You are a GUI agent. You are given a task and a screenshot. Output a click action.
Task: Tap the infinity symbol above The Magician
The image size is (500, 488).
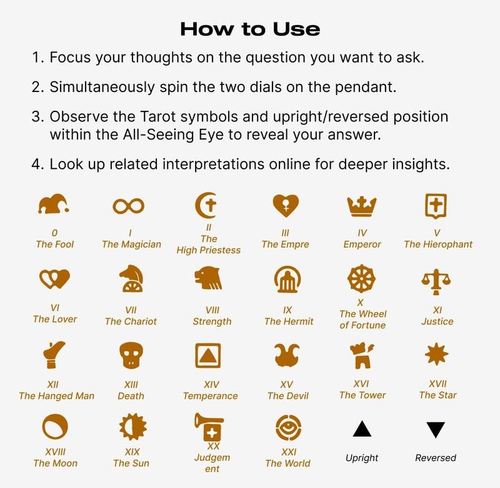pyautogui.click(x=128, y=206)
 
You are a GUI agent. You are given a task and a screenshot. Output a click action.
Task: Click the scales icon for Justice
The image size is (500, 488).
pyautogui.click(x=436, y=282)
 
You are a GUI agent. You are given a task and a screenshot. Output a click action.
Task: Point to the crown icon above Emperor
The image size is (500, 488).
pyautogui.click(x=362, y=206)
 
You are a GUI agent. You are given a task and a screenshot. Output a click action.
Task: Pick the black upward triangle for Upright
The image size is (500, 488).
pyautogui.click(x=362, y=429)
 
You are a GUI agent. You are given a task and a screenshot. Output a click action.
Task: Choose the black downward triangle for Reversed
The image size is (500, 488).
pyautogui.click(x=436, y=430)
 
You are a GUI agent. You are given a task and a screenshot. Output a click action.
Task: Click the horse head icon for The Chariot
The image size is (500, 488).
pyautogui.click(x=131, y=278)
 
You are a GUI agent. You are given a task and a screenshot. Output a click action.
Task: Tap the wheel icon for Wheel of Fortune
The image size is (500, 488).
pyautogui.click(x=361, y=278)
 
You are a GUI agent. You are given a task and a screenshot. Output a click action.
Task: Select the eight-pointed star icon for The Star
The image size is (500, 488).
pyautogui.click(x=436, y=354)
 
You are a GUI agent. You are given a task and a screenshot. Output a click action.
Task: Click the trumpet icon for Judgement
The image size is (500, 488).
pyautogui.click(x=209, y=427)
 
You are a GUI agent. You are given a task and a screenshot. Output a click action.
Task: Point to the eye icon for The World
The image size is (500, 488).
pyautogui.click(x=288, y=427)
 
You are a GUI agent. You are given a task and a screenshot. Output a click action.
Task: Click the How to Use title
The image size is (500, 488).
pyautogui.click(x=250, y=29)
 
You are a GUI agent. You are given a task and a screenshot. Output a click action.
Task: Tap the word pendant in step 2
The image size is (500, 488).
pyautogui.click(x=366, y=88)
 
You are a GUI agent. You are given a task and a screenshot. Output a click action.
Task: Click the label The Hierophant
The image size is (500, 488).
pyautogui.click(x=438, y=244)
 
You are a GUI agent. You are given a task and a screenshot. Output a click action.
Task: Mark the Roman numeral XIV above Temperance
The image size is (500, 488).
pyautogui.click(x=211, y=384)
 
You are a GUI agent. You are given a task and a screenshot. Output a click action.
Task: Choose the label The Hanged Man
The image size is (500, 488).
pyautogui.click(x=56, y=396)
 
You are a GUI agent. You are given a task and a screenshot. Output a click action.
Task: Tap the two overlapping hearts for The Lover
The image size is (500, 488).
pyautogui.click(x=54, y=279)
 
